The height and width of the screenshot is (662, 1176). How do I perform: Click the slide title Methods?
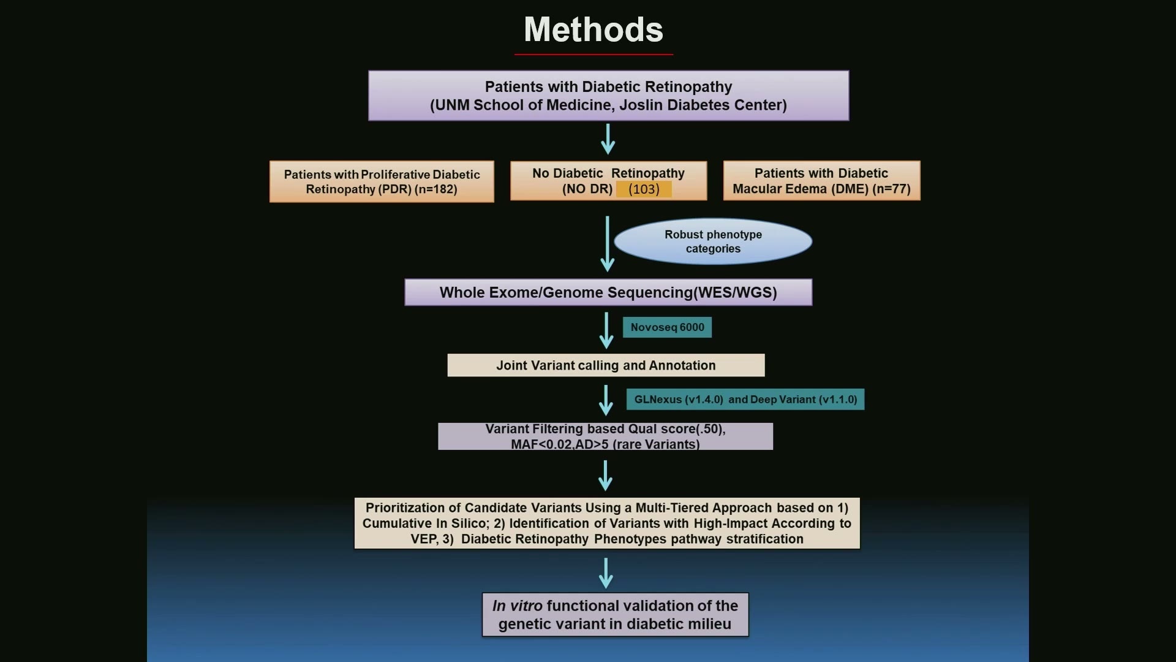click(594, 29)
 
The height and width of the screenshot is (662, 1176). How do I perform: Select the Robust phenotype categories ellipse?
click(713, 242)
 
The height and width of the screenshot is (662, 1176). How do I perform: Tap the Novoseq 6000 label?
click(667, 327)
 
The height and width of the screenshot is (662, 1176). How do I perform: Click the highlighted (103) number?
click(644, 189)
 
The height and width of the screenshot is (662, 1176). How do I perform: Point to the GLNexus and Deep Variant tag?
click(745, 399)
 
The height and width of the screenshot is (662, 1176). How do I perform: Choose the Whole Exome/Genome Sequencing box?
click(608, 292)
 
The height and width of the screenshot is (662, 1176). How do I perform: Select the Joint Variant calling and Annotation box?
click(606, 365)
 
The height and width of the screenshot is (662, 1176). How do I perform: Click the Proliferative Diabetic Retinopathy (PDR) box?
click(382, 181)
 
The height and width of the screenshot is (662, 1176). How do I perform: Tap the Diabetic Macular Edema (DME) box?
click(821, 181)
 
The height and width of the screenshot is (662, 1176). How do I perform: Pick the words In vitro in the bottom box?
click(517, 606)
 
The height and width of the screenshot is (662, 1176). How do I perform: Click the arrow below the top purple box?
click(608, 139)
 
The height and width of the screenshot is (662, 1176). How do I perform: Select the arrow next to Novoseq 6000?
click(606, 330)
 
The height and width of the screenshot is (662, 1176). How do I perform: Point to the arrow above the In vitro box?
click(606, 573)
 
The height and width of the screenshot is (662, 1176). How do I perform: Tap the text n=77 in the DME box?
click(891, 189)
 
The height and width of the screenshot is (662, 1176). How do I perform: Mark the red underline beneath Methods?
click(594, 55)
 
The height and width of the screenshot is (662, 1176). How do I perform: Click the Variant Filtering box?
click(605, 436)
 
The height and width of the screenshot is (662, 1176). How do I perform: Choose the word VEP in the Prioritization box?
click(422, 539)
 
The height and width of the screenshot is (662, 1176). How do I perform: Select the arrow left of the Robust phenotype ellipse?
click(608, 244)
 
